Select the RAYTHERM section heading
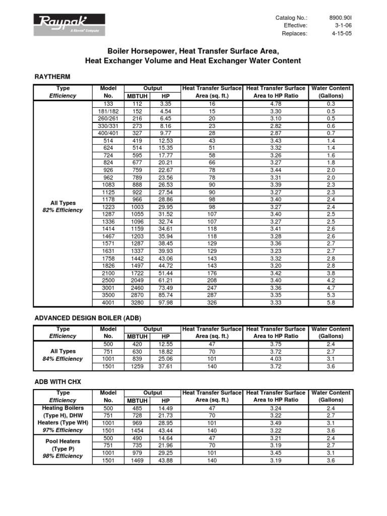point(52,76)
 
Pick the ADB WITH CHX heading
point(57,382)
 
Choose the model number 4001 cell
point(108,302)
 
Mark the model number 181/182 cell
point(108,111)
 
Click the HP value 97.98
point(166,302)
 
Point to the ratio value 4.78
point(276,103)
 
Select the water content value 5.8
point(331,302)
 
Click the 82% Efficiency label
point(63,210)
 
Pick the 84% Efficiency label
point(63,359)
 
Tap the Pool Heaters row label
point(63,441)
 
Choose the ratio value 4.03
point(276,359)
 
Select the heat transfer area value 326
point(212,302)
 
